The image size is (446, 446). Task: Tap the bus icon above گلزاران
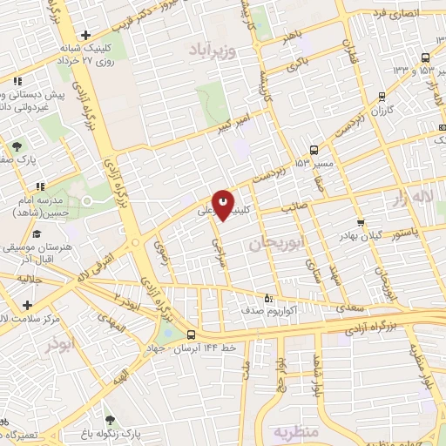click(381, 97)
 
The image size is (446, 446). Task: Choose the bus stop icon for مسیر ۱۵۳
click(314, 150)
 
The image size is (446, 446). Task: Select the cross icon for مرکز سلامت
click(28, 305)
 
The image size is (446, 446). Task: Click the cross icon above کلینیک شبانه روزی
click(84, 34)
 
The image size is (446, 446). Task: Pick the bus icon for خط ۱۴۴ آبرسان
click(191, 334)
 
